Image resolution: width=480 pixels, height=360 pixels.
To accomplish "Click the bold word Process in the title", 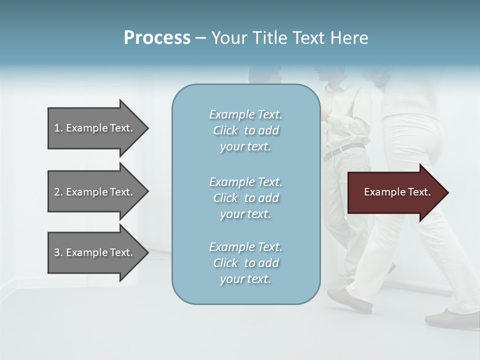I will (x=157, y=38).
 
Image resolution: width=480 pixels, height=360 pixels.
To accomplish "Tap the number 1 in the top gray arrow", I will (x=57, y=128).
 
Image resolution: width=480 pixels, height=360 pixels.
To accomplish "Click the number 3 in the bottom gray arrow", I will (x=57, y=252).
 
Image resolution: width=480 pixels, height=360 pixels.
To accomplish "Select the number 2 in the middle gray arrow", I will (x=57, y=192).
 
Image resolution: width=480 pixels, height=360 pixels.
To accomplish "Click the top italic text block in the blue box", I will (x=245, y=130).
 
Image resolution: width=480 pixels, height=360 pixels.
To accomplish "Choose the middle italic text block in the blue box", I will (x=245, y=198).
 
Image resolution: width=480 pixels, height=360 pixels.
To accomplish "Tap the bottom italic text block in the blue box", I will (x=245, y=263).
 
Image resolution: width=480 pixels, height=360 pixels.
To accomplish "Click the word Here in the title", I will (x=349, y=38).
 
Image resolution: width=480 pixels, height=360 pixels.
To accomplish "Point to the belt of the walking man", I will (x=345, y=149).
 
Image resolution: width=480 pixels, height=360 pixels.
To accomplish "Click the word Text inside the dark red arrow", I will (x=419, y=192).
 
